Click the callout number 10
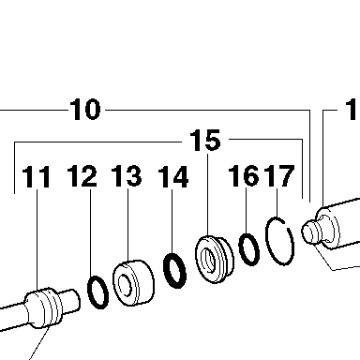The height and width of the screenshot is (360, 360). [x=85, y=110]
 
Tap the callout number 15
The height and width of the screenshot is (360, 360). [x=205, y=141]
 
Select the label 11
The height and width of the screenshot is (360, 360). [x=37, y=177]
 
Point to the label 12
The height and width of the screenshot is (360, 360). [x=82, y=176]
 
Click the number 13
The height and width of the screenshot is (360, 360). [x=127, y=176]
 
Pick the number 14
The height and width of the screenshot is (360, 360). [x=173, y=177]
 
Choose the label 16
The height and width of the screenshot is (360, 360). [x=244, y=176]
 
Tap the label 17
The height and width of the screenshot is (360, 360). [x=279, y=176]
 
